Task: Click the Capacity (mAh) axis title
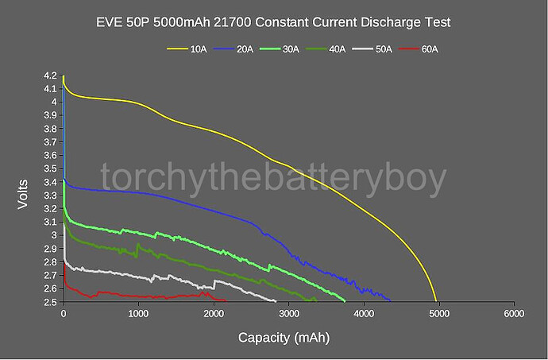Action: click(284, 337)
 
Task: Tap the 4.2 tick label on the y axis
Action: click(49, 76)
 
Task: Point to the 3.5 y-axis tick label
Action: click(49, 168)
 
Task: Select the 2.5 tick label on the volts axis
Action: click(49, 302)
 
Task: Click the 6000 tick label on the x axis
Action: click(514, 314)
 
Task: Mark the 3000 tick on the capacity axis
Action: click(288, 314)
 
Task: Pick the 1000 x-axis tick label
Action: click(138, 314)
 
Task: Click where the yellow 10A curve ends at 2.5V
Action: click(436, 301)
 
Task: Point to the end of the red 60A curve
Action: click(227, 300)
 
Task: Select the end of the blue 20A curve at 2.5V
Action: click(391, 300)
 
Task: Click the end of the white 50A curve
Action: click(276, 301)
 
